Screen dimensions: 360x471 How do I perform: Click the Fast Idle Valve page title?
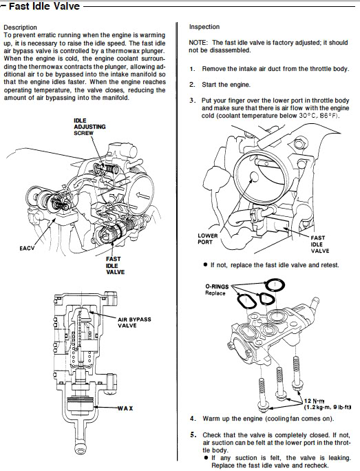click(x=44, y=6)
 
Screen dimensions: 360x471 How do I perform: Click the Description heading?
click(x=20, y=28)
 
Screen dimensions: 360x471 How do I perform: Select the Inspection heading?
click(x=204, y=27)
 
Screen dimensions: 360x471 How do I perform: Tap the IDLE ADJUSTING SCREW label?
click(x=89, y=127)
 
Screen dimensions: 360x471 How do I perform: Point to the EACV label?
click(x=27, y=248)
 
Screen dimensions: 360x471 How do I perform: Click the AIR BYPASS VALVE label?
click(x=134, y=322)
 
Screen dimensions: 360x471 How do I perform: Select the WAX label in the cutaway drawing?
click(x=125, y=408)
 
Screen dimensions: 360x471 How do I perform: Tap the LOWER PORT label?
click(x=207, y=239)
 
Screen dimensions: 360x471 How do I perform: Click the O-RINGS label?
click(x=217, y=286)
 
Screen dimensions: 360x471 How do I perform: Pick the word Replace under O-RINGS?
click(x=215, y=293)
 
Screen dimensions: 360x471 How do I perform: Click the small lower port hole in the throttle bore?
click(x=255, y=177)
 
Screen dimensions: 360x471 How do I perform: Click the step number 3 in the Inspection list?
click(x=193, y=101)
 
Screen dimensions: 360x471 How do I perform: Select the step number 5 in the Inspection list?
click(x=193, y=435)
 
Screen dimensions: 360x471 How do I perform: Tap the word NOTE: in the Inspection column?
click(x=198, y=43)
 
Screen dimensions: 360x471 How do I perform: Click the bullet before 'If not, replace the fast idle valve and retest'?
click(x=205, y=264)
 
